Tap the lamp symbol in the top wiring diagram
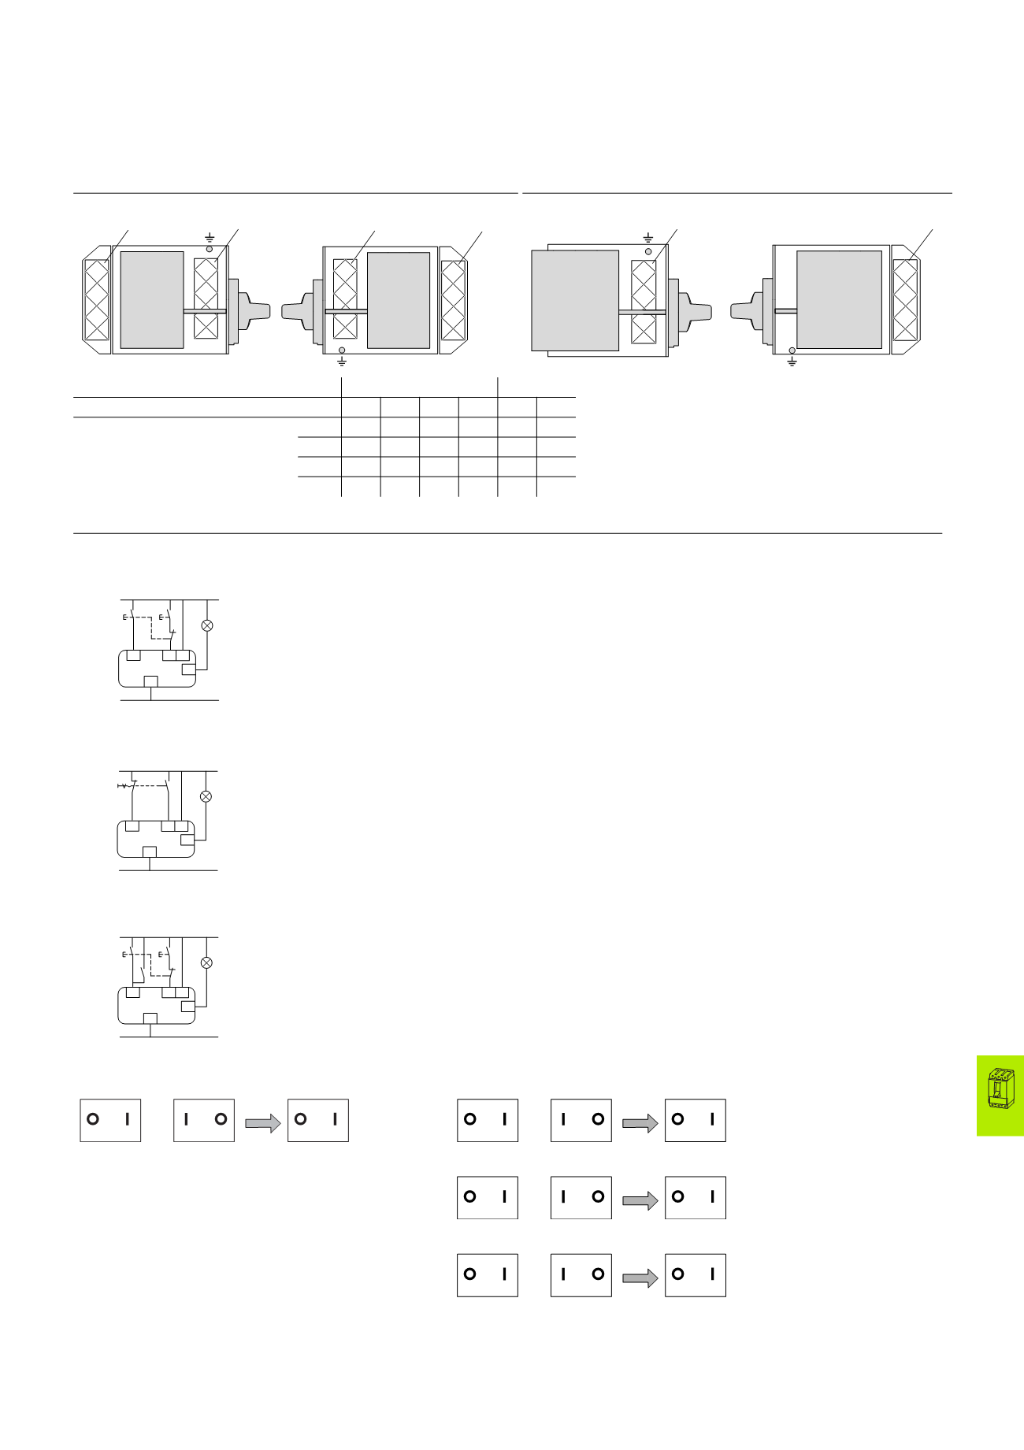tap(207, 625)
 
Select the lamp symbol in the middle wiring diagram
tap(206, 796)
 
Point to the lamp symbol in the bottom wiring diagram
tap(207, 962)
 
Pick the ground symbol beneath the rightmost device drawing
tap(792, 362)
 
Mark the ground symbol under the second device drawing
tap(342, 362)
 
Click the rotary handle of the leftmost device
tap(253, 310)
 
